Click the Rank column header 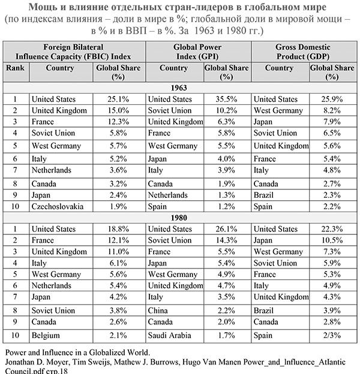[15, 68]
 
